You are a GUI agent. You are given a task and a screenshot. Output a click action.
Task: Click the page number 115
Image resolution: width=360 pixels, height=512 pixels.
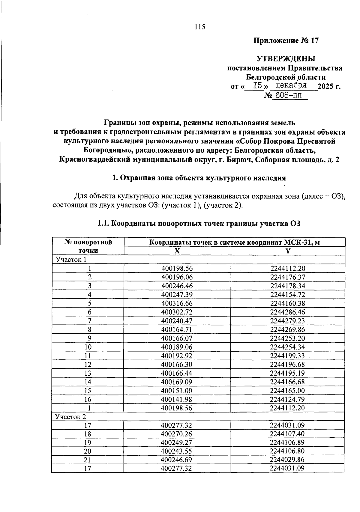click(x=199, y=27)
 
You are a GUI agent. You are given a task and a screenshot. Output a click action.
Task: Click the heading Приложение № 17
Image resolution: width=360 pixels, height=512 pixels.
click(x=286, y=40)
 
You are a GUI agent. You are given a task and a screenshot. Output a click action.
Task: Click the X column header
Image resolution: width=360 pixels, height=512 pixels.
click(x=177, y=251)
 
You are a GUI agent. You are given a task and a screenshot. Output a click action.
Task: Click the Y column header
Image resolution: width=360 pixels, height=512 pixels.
click(x=288, y=251)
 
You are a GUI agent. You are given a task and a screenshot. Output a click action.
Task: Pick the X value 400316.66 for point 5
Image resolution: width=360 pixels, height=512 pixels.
click(x=177, y=303)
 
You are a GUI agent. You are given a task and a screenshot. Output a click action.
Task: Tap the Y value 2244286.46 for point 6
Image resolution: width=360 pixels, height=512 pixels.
click(x=287, y=312)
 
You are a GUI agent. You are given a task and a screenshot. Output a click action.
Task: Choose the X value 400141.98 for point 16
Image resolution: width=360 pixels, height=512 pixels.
click(x=177, y=399)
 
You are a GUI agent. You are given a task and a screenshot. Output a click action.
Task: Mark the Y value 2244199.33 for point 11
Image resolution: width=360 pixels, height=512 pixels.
click(x=287, y=356)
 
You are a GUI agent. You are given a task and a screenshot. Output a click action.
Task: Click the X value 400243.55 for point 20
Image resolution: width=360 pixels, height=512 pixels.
click(x=177, y=451)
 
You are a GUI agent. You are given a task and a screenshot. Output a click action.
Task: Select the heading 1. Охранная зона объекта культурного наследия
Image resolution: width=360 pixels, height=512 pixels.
click(x=199, y=178)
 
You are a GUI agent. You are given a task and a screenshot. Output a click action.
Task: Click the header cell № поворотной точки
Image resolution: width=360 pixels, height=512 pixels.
click(x=88, y=246)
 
